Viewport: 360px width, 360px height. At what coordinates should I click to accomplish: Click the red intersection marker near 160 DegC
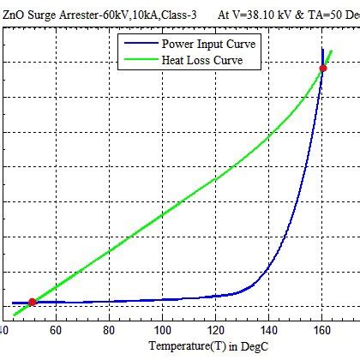tap(322, 68)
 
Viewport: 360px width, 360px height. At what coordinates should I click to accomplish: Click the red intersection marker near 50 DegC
tap(33, 302)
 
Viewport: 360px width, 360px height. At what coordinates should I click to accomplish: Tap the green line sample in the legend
tap(138, 61)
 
